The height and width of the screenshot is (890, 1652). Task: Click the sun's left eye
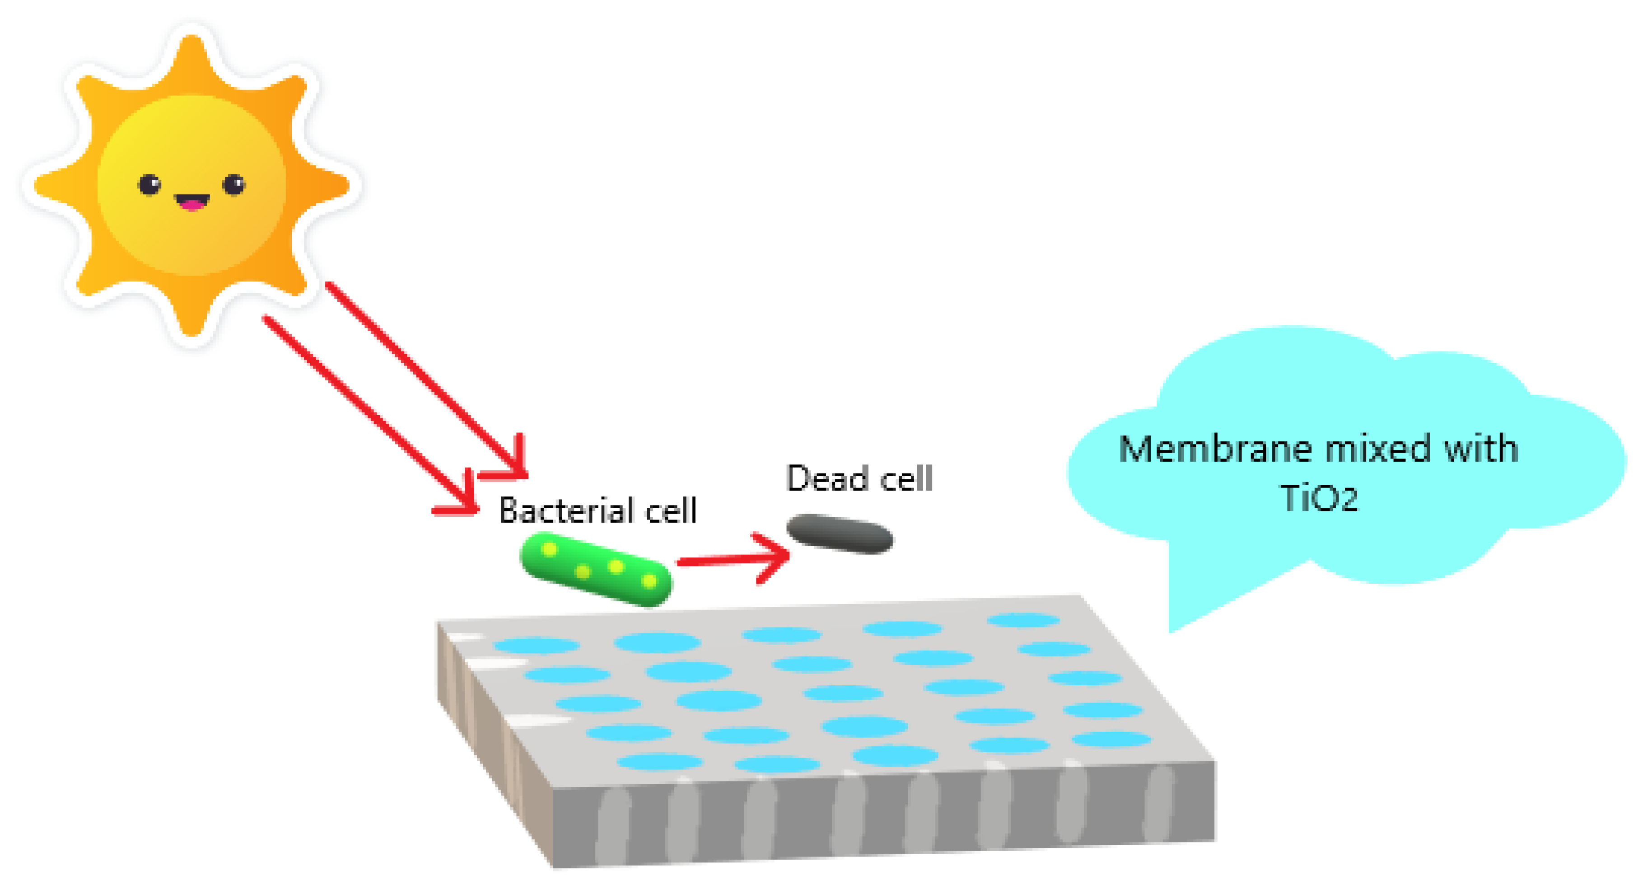pos(149,185)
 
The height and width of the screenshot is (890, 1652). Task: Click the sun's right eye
pos(234,185)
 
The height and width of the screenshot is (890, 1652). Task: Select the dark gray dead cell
pos(840,533)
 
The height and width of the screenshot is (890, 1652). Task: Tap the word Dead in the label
pos(827,479)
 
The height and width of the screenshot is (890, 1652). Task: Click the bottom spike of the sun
pos(191,321)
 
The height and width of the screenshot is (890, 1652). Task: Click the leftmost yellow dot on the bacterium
pos(549,549)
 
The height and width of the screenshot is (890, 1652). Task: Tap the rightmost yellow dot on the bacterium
pos(649,581)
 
